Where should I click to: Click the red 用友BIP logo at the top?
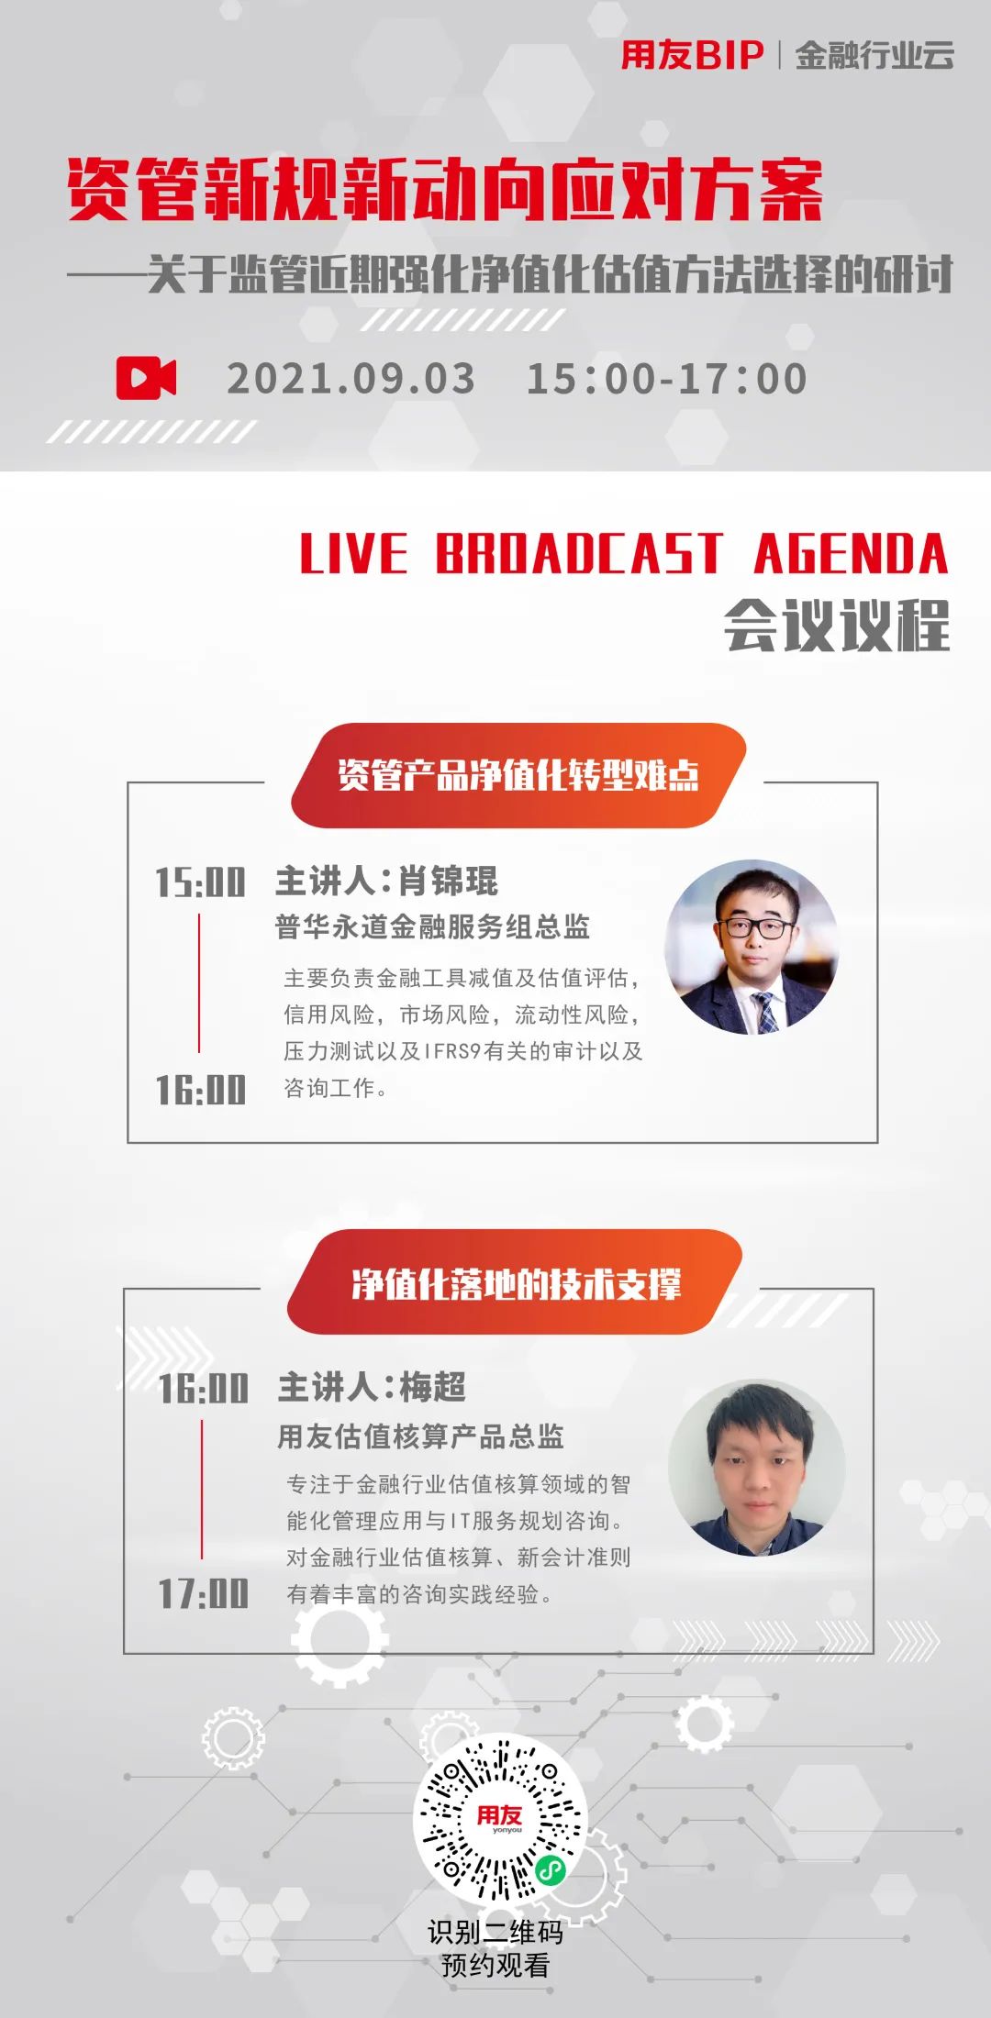(692, 55)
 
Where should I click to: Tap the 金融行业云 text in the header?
(874, 55)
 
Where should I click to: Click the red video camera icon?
(147, 377)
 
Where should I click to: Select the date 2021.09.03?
(351, 379)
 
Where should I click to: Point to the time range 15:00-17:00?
(667, 379)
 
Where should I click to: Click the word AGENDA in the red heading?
(851, 553)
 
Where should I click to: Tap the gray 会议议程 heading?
(836, 626)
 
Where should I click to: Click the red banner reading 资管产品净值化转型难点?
(518, 775)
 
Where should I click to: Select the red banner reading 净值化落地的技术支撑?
(516, 1283)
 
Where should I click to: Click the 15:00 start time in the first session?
(200, 882)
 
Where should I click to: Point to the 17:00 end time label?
(203, 1593)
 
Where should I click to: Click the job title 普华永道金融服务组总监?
(432, 926)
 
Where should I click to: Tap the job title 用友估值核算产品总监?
(420, 1436)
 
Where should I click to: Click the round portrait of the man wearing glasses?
(752, 947)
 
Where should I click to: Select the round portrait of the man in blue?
(756, 1467)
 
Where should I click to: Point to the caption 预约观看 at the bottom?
(495, 1965)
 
